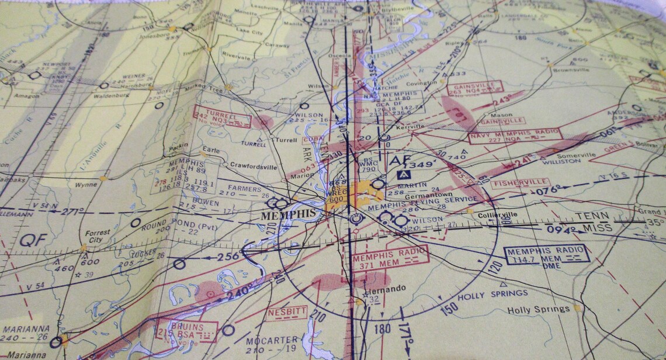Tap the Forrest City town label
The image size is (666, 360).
pos(97,236)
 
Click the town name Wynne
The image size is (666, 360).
pos(85,185)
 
